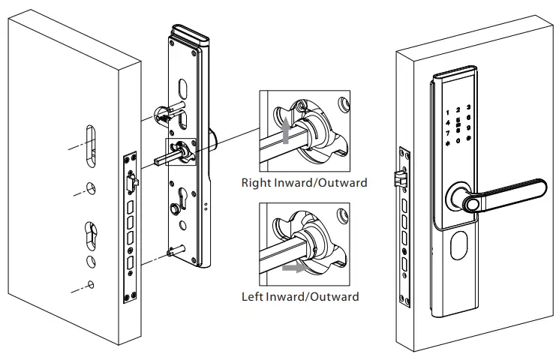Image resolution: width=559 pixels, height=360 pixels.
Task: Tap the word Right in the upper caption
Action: tap(257, 182)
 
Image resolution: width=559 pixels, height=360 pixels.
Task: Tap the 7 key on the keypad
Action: tap(448, 131)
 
